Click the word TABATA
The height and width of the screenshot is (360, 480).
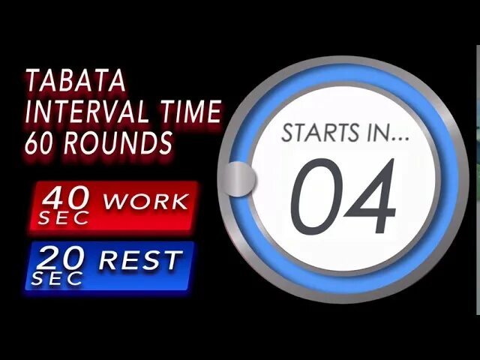(x=76, y=81)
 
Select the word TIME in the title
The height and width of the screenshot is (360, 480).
(x=190, y=112)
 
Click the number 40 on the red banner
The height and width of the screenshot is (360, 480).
(x=66, y=198)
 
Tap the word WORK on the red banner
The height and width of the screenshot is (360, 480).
(x=145, y=201)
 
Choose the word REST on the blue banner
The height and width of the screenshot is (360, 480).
(x=140, y=261)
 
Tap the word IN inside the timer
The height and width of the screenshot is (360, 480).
(x=373, y=134)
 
